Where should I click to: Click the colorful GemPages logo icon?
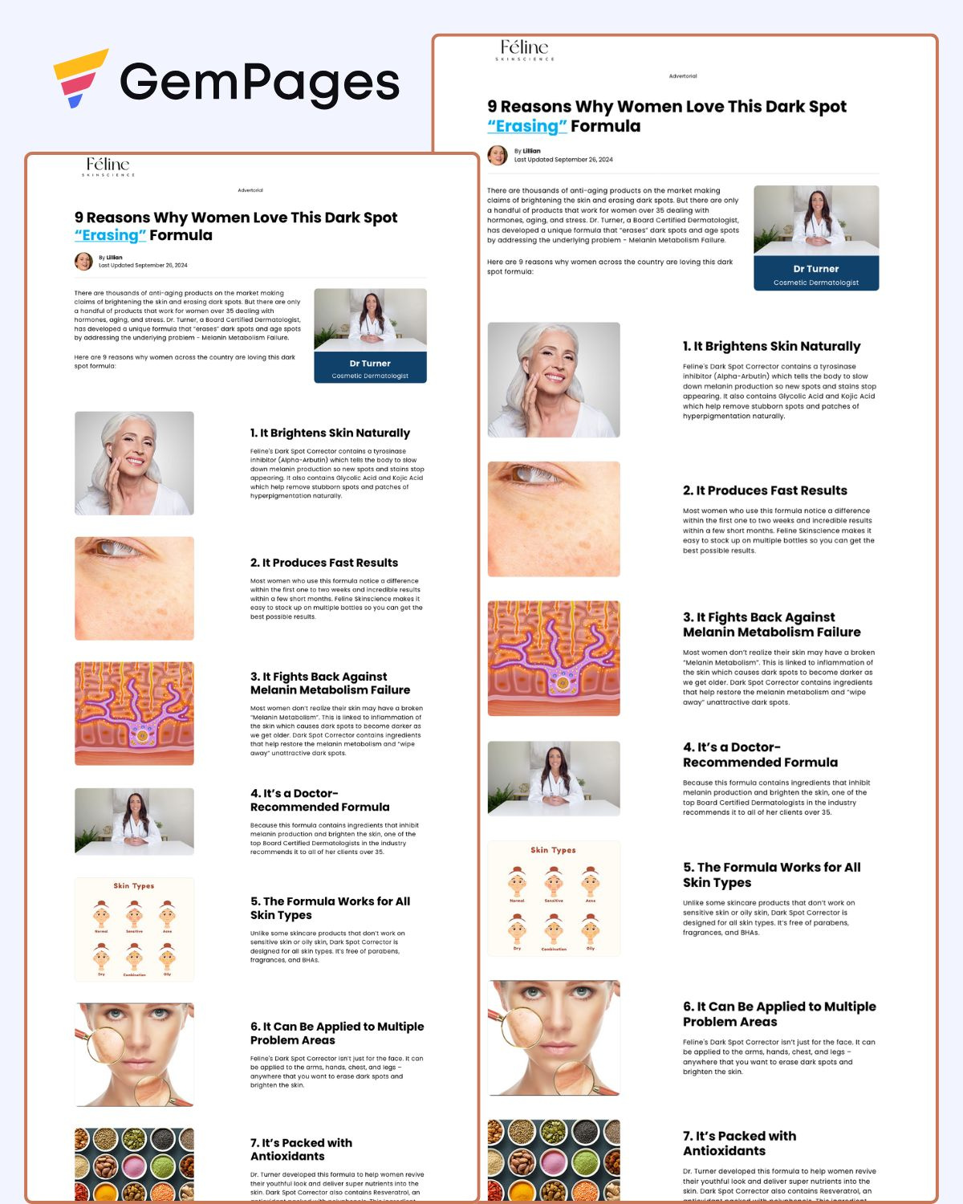(79, 79)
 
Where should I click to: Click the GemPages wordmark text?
(259, 83)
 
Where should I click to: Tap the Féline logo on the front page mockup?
(109, 166)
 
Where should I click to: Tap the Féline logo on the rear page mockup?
(525, 50)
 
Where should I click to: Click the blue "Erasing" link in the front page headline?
(110, 235)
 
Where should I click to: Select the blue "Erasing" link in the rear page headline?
(527, 126)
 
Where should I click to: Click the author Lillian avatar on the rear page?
(498, 155)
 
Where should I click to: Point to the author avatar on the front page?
(83, 261)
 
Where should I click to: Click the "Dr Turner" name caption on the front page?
(370, 364)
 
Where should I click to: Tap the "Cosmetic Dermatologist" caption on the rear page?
(815, 283)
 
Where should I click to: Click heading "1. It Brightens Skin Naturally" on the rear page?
(771, 346)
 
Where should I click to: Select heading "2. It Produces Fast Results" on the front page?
(323, 563)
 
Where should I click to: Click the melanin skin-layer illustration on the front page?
(134, 713)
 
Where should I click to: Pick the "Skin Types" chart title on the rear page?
(553, 850)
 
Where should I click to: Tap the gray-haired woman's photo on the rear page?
(554, 380)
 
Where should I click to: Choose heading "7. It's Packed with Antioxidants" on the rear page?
(739, 1143)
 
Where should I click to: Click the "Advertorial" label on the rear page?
(683, 76)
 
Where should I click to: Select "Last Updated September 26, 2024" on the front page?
(143, 265)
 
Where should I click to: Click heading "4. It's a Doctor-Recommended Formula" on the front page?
(319, 800)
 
